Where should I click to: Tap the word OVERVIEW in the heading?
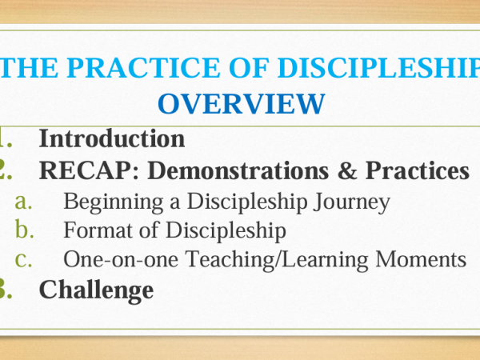click(x=242, y=104)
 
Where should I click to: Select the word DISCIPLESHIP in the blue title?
click(x=379, y=67)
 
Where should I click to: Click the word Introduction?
click(x=112, y=138)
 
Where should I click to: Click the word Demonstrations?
click(x=238, y=170)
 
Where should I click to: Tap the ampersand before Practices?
click(x=347, y=170)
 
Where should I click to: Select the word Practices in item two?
click(x=418, y=170)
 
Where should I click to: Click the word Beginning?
click(x=114, y=202)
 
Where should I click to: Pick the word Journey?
click(x=352, y=202)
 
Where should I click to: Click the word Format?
click(x=98, y=230)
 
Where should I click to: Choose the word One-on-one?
click(x=121, y=259)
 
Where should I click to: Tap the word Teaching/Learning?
click(x=277, y=259)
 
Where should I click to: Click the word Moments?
click(x=421, y=259)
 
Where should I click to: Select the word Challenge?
click(x=97, y=290)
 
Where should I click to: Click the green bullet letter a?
click(x=23, y=202)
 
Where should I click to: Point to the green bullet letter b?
click(x=24, y=229)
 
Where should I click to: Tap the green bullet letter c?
click(x=23, y=260)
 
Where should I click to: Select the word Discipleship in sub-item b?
click(x=226, y=230)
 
